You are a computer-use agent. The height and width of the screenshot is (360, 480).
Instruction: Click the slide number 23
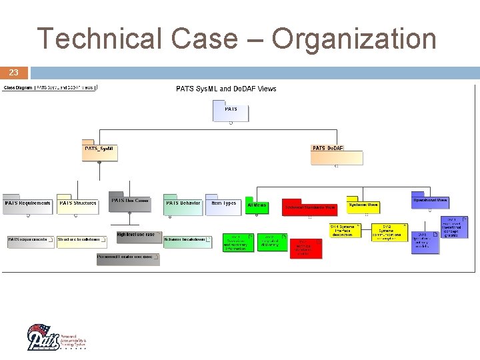click(14, 72)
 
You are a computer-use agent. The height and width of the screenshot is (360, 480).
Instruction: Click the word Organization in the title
click(353, 39)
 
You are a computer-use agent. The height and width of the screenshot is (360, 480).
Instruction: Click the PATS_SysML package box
click(100, 152)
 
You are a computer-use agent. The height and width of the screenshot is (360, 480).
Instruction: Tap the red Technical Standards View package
click(310, 207)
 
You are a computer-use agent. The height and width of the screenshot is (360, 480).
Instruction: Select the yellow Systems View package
click(363, 205)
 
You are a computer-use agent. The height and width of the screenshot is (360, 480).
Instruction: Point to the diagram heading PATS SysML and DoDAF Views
click(226, 89)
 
